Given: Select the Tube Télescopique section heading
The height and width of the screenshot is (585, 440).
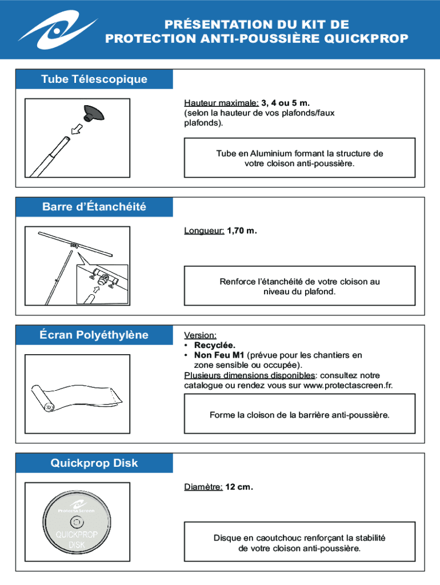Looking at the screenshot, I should (94, 79).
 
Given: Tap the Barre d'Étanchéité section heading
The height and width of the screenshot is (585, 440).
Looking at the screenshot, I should (94, 207).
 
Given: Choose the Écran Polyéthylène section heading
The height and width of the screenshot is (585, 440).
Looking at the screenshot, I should (94, 335).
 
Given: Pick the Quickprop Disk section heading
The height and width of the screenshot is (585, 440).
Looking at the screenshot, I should (94, 463).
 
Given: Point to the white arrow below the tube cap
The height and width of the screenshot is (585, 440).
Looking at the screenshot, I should (74, 131).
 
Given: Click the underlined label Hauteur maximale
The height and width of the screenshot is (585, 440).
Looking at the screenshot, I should (221, 103).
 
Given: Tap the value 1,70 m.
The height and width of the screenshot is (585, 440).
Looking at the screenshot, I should (242, 231).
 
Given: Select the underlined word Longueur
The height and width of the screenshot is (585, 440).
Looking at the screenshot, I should (204, 231).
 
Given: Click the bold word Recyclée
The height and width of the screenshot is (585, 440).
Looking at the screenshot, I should (214, 346).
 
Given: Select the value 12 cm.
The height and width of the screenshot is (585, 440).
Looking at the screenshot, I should (239, 487).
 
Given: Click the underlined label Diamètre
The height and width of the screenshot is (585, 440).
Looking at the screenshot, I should (203, 487).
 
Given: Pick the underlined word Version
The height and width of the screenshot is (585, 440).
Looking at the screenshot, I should (200, 335).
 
